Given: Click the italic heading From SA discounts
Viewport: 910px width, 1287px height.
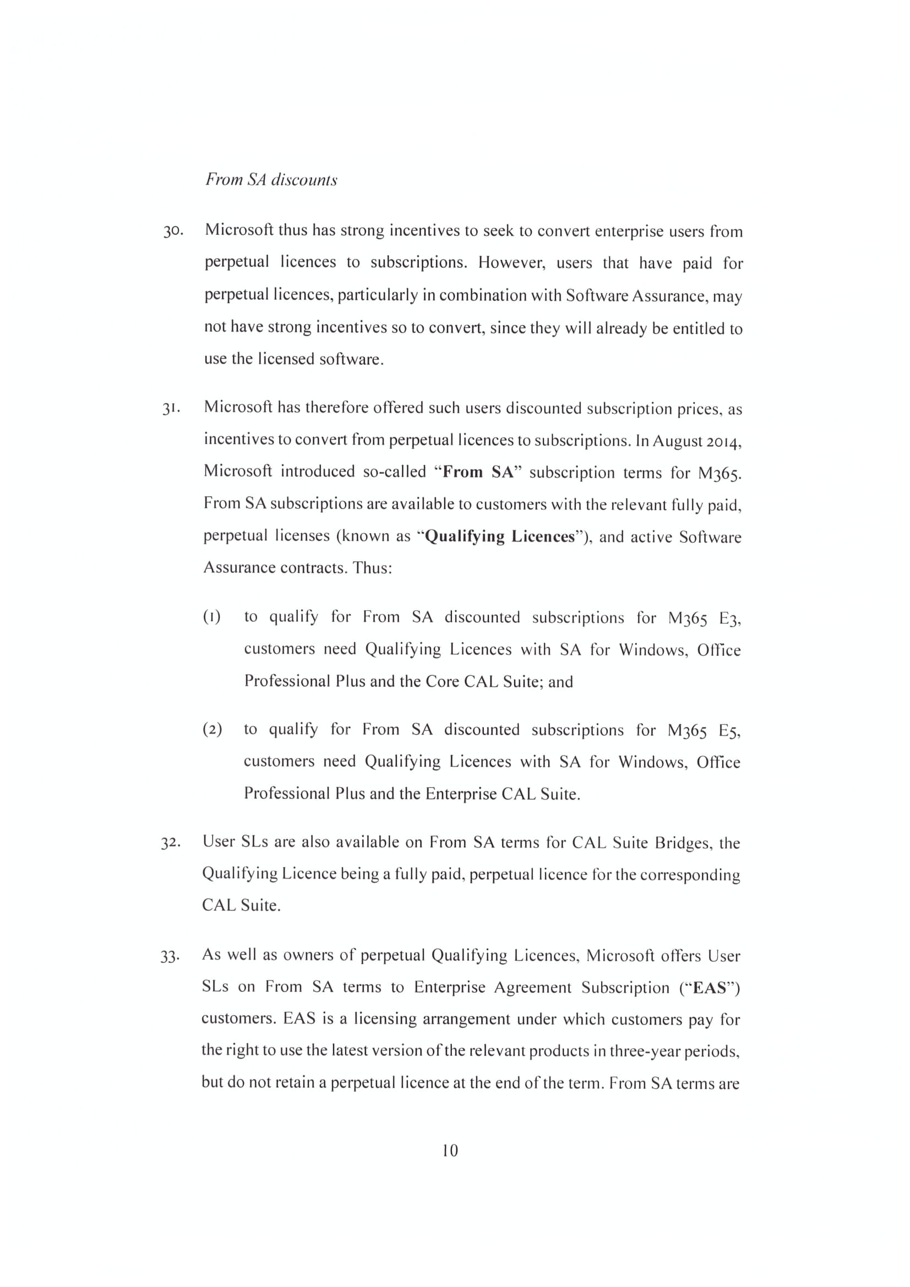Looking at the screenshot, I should click(x=271, y=179).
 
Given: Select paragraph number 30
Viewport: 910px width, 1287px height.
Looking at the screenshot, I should click(x=173, y=232).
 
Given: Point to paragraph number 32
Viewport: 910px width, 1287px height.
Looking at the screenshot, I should click(x=171, y=843).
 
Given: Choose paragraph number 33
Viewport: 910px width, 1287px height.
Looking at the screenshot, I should click(x=170, y=956).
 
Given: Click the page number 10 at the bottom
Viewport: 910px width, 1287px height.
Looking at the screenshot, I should click(x=450, y=1150).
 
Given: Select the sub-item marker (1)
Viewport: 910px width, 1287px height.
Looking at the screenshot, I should click(x=212, y=617).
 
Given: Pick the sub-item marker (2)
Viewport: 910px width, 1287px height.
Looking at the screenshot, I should click(x=212, y=730).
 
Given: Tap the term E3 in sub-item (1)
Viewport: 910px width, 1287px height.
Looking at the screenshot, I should click(x=730, y=618).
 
